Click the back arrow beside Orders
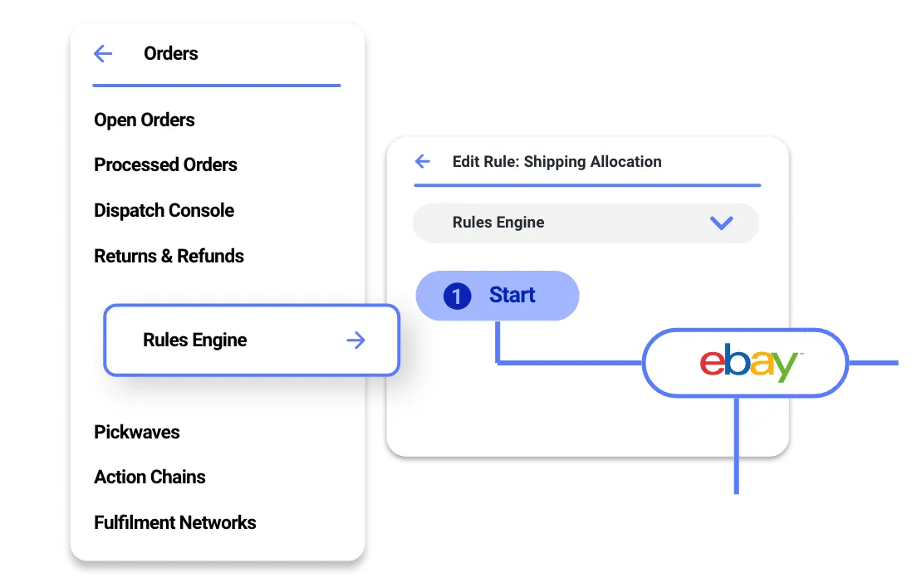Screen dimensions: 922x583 (103, 53)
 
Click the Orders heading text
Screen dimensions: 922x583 (171, 53)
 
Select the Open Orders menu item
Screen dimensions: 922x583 (144, 120)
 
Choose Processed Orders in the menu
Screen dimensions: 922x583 (165, 164)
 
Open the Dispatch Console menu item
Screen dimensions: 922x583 (164, 210)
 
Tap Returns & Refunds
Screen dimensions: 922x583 (169, 257)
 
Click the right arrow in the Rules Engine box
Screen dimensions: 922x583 (356, 340)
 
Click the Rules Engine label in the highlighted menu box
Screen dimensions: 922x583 (194, 340)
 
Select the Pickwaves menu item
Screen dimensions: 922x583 (137, 432)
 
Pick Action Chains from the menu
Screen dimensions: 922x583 (150, 477)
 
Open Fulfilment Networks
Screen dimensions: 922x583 (175, 522)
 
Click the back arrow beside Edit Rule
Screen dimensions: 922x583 (422, 161)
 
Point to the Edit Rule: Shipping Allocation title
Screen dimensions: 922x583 (557, 162)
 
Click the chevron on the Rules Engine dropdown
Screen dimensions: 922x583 (722, 223)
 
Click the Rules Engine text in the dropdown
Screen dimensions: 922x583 (498, 222)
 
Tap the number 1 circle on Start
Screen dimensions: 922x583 (457, 296)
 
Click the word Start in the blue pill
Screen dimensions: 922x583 (512, 295)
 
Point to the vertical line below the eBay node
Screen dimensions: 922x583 (736, 445)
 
